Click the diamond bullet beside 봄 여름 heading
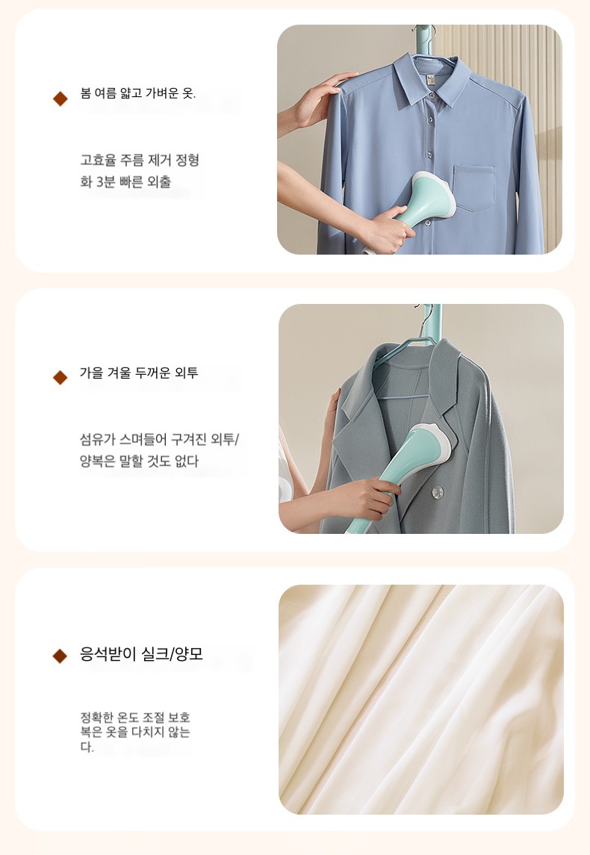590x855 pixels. (x=60, y=99)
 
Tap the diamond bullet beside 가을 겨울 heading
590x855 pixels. (x=60, y=377)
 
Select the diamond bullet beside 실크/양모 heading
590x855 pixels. (x=60, y=656)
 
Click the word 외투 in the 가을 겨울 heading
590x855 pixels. (x=187, y=373)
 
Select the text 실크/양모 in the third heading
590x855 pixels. (x=172, y=654)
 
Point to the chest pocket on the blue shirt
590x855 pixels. (x=474, y=188)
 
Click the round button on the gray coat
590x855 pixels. (x=438, y=493)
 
